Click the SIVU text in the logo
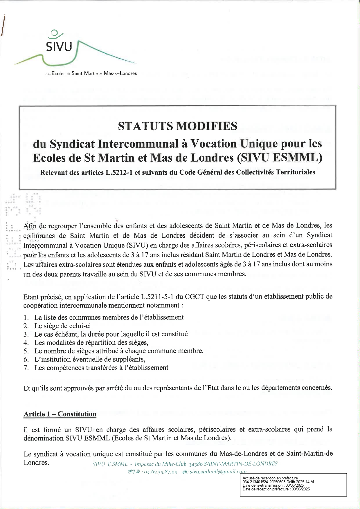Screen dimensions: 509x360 [59, 46]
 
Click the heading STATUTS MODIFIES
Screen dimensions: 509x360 [177, 126]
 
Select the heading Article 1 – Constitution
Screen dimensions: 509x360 [60, 414]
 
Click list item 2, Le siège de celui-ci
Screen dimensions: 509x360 [62, 326]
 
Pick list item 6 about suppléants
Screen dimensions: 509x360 [90, 359]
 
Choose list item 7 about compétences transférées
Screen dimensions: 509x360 [101, 368]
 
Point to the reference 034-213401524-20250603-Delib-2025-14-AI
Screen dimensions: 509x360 [278, 482]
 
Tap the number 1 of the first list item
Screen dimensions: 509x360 [26, 317]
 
